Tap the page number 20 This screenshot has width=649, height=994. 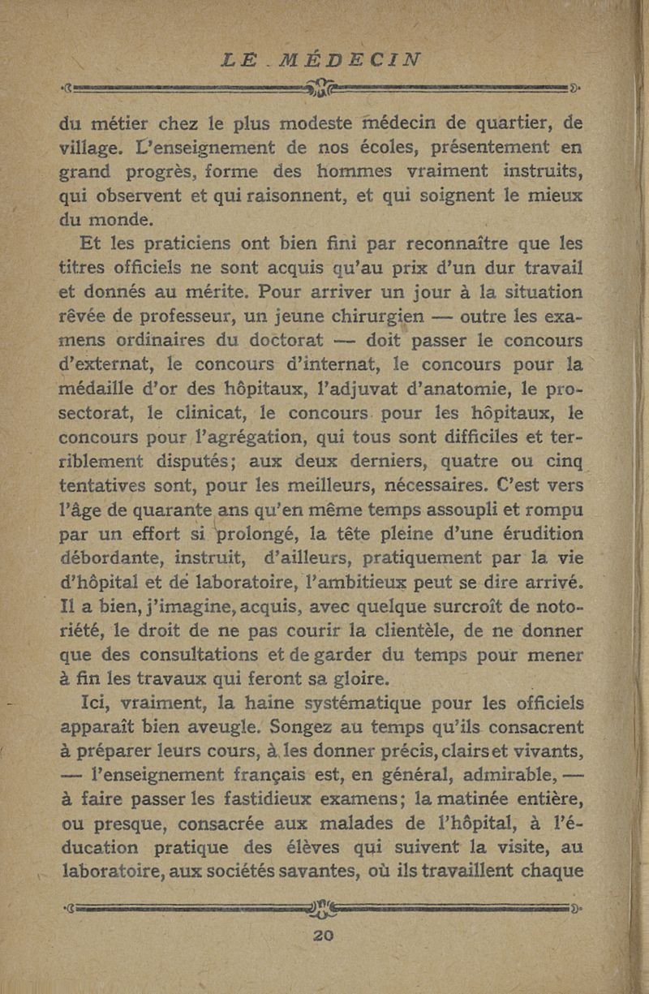(324, 936)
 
